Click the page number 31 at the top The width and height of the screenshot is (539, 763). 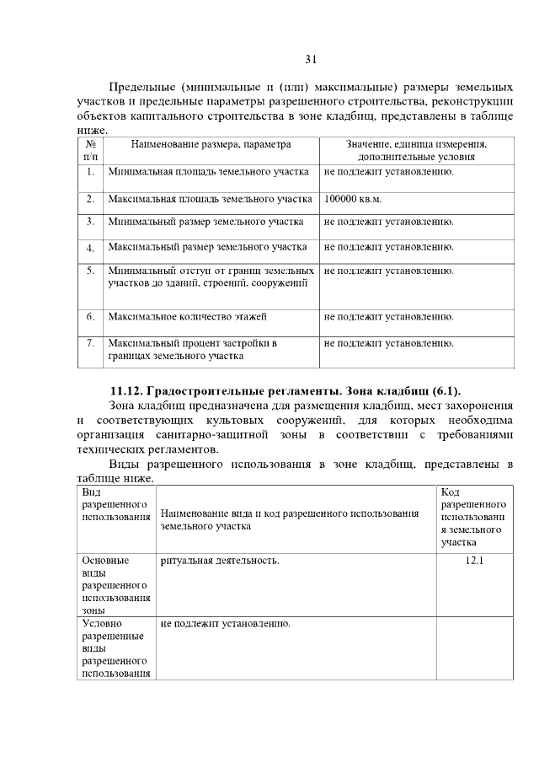pos(310,59)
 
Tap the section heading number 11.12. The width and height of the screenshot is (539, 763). pos(129,391)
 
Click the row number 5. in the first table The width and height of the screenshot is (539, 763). pos(89,271)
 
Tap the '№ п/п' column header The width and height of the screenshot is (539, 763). pos(89,151)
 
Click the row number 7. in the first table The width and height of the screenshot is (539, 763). pos(89,344)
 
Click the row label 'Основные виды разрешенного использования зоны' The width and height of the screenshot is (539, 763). pos(115,583)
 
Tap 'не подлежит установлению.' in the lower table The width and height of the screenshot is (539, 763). pos(225,624)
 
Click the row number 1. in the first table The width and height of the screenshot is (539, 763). pos(89,172)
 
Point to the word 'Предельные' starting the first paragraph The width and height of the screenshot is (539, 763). pos(140,88)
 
